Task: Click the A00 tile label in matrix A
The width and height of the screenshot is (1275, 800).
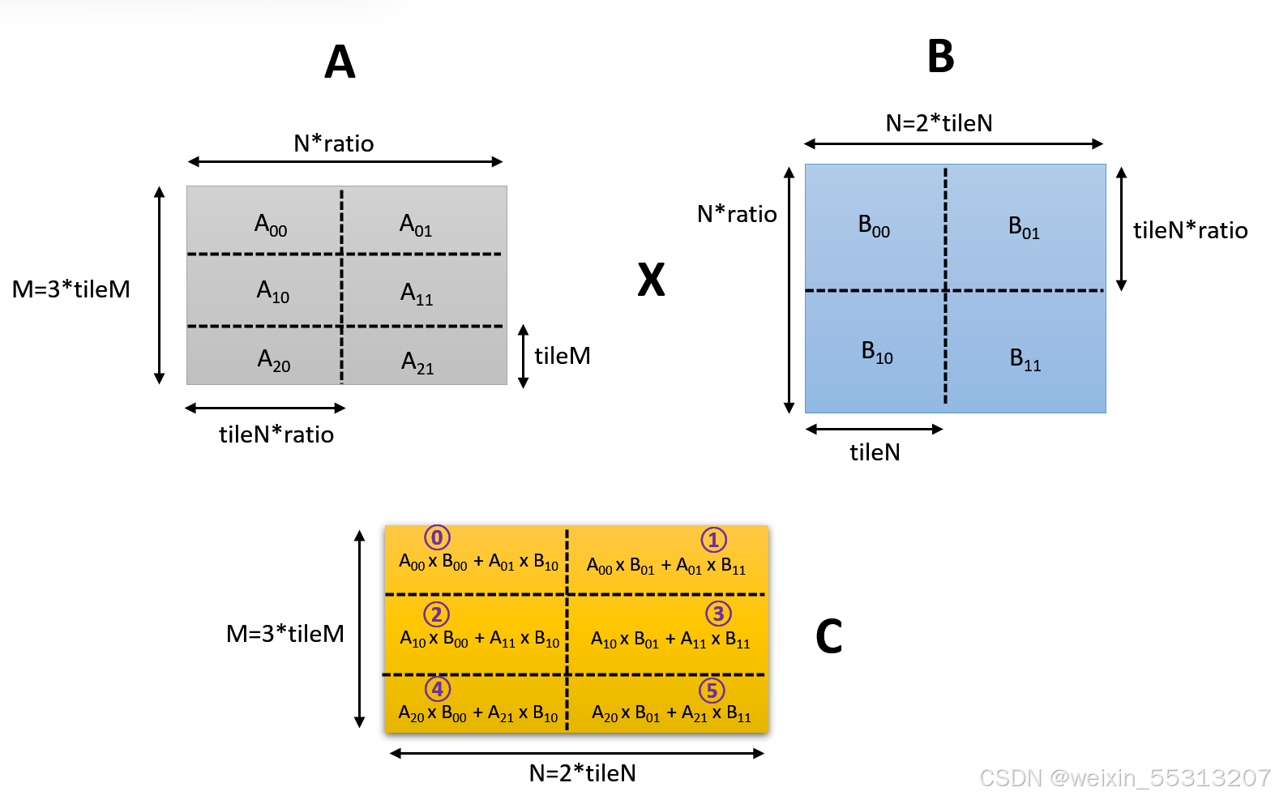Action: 271,225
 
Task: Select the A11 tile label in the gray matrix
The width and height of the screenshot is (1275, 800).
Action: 417,293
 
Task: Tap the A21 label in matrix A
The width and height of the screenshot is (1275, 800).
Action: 417,362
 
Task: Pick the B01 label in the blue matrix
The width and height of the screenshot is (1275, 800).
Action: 1024,228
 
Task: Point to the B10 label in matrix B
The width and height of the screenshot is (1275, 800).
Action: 877,353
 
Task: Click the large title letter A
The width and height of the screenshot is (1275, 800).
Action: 340,62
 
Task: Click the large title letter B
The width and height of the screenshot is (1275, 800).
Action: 940,57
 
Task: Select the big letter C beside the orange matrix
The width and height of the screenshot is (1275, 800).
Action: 828,636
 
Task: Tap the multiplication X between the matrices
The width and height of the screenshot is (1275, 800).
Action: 651,280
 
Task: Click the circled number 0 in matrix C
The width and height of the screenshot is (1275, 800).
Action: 437,537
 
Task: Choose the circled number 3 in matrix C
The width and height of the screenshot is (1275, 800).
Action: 718,614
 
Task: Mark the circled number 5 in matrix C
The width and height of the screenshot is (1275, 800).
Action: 712,691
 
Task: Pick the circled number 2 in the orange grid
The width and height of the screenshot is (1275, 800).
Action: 436,614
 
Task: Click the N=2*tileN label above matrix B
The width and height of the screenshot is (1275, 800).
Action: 939,123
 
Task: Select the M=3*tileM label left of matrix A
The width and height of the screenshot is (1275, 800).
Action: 71,289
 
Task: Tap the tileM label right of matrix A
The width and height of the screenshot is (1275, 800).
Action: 562,356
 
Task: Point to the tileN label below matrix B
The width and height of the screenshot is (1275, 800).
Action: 875,452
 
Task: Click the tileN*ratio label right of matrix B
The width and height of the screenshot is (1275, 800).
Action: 1190,230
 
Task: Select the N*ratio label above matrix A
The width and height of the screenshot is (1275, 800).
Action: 333,143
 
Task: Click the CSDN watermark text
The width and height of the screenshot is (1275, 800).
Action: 1124,778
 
